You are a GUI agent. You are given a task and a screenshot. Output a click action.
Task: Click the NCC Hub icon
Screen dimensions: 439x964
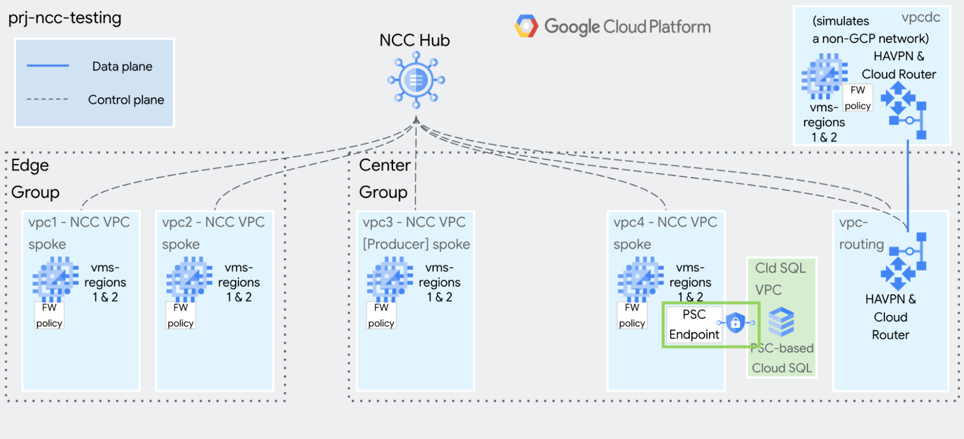[x=416, y=80]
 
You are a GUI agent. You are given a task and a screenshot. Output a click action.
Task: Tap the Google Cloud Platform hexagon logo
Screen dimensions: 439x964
[x=526, y=26]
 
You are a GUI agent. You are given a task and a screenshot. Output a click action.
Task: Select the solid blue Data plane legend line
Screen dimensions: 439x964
[x=48, y=65]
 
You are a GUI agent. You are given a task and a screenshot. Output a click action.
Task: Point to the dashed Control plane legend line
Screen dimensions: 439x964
[x=48, y=99]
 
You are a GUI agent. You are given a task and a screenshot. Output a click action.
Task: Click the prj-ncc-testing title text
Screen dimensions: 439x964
[x=65, y=18]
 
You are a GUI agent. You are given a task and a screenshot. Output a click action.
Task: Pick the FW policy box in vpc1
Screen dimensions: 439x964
[x=49, y=315]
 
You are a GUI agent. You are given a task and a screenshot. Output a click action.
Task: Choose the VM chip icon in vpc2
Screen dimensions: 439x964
[x=189, y=279]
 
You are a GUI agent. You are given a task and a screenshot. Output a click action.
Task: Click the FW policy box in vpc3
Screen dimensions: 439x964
[x=381, y=315]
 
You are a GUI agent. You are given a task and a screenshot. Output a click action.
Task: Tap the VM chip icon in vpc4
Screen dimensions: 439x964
[x=640, y=279]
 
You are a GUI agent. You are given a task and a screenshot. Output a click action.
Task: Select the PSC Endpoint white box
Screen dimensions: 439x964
[x=694, y=325]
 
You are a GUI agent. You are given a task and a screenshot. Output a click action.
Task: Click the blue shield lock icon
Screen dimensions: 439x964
[x=735, y=322]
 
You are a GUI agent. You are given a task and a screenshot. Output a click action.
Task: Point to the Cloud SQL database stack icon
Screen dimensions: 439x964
[x=781, y=322]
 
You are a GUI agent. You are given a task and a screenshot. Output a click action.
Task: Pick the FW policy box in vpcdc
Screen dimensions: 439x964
[x=857, y=98]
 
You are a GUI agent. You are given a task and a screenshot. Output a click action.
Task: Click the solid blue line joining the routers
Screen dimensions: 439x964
[x=908, y=186]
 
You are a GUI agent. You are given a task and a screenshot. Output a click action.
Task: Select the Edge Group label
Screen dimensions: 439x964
[x=35, y=179]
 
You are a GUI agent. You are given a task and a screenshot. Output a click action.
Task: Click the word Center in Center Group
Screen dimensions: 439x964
[x=384, y=165]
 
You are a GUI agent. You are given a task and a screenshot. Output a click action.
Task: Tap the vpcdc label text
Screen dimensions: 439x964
[x=921, y=17]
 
